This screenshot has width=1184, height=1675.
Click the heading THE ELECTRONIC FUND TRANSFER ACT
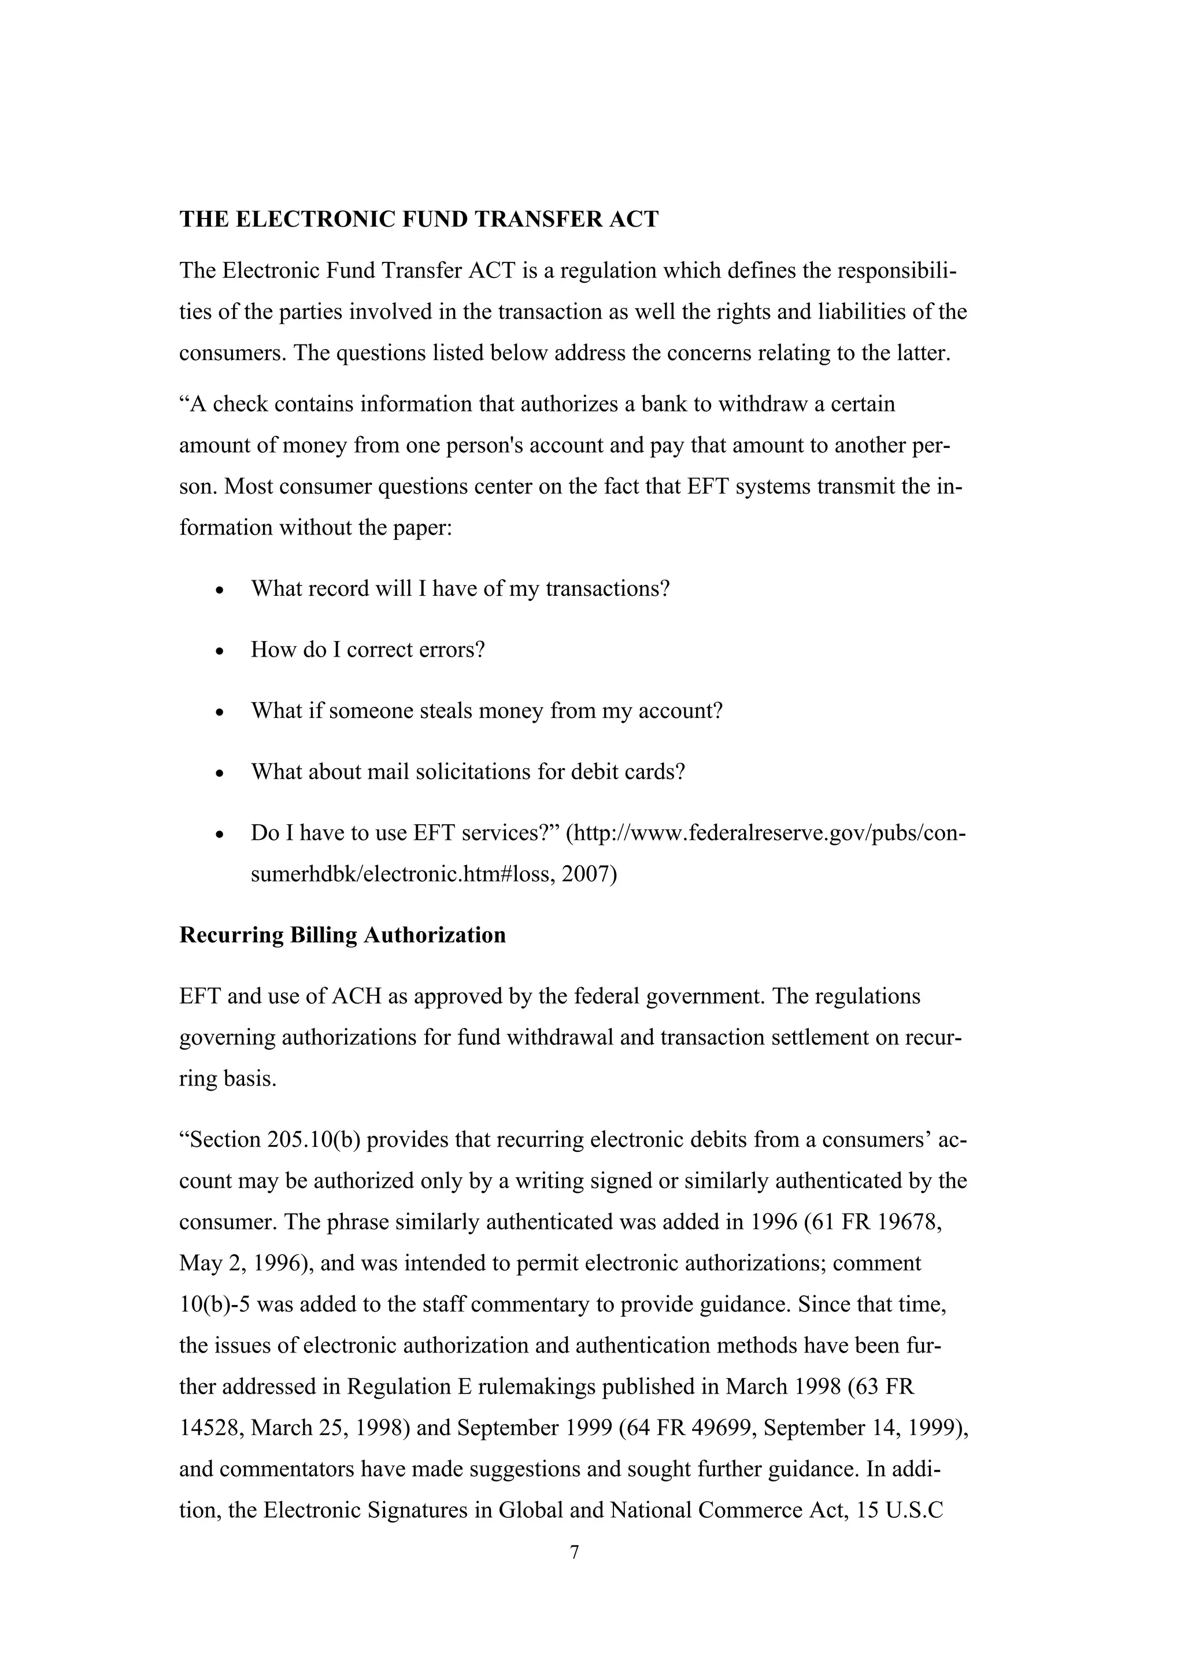(x=419, y=220)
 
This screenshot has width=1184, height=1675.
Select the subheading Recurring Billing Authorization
(x=342, y=935)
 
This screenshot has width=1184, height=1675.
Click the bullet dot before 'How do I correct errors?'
(x=220, y=651)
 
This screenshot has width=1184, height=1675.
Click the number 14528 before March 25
(x=209, y=1428)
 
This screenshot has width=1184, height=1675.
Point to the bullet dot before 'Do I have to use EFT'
(x=220, y=834)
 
